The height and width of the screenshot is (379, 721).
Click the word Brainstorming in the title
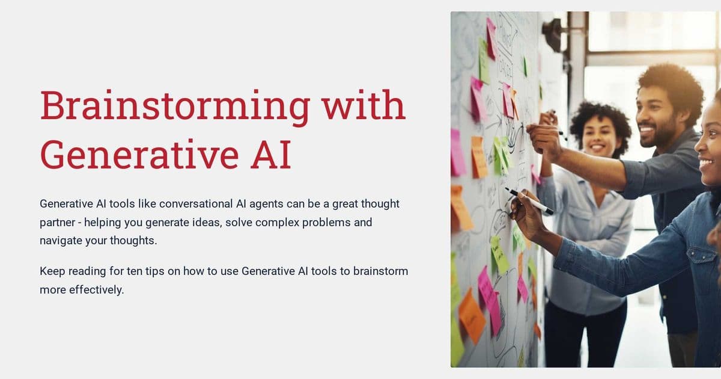click(174, 106)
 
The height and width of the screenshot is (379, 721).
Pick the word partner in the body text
click(58, 223)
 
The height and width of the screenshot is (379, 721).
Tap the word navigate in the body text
click(61, 241)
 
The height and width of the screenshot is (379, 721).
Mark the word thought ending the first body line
click(381, 204)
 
